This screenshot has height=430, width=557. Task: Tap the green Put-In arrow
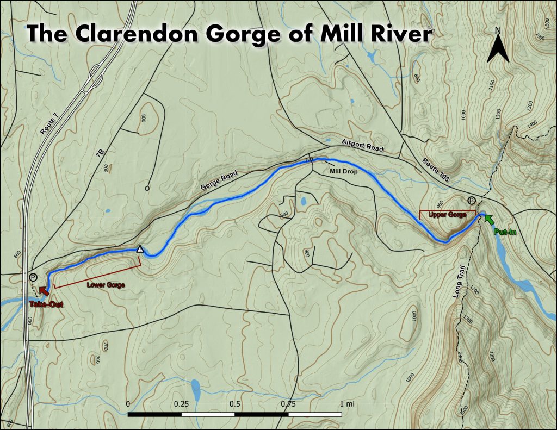pos(489,220)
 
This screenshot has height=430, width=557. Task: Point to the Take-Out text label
pos(46,304)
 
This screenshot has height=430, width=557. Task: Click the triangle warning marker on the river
pos(140,249)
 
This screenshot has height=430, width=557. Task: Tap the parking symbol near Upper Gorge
pos(471,200)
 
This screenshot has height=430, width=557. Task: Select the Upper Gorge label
pos(447,215)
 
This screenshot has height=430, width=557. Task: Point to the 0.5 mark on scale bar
pos(235,404)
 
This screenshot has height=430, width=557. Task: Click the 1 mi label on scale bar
pos(346,404)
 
